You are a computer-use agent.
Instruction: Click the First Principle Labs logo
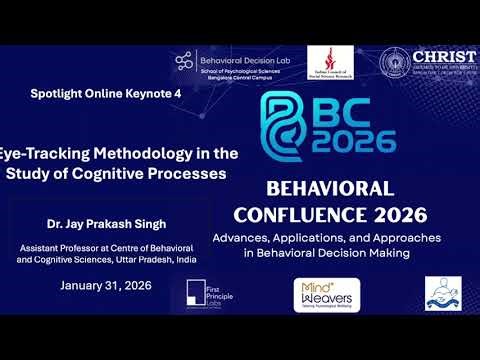206,294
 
